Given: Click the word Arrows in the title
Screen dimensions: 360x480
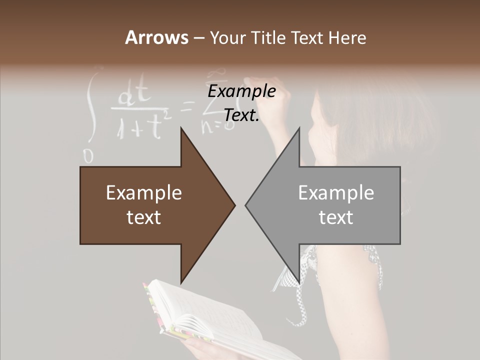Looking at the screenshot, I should click(156, 37).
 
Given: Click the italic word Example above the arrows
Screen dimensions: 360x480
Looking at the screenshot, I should click(241, 91).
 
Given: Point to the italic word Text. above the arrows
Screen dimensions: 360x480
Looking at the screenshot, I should click(241, 115).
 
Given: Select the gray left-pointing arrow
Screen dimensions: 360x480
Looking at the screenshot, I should click(325, 205).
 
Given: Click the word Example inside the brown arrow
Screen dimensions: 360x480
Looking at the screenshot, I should click(144, 193).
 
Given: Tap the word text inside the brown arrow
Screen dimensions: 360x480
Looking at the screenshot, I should click(144, 217).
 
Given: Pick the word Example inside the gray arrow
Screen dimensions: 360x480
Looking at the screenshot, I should click(336, 193).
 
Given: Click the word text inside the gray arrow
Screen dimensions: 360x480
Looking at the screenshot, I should click(336, 217).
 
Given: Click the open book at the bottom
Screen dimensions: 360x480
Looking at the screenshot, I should click(210, 320).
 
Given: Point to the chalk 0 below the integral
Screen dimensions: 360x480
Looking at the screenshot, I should click(88, 156).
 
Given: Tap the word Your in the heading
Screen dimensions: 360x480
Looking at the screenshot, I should click(225, 37).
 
